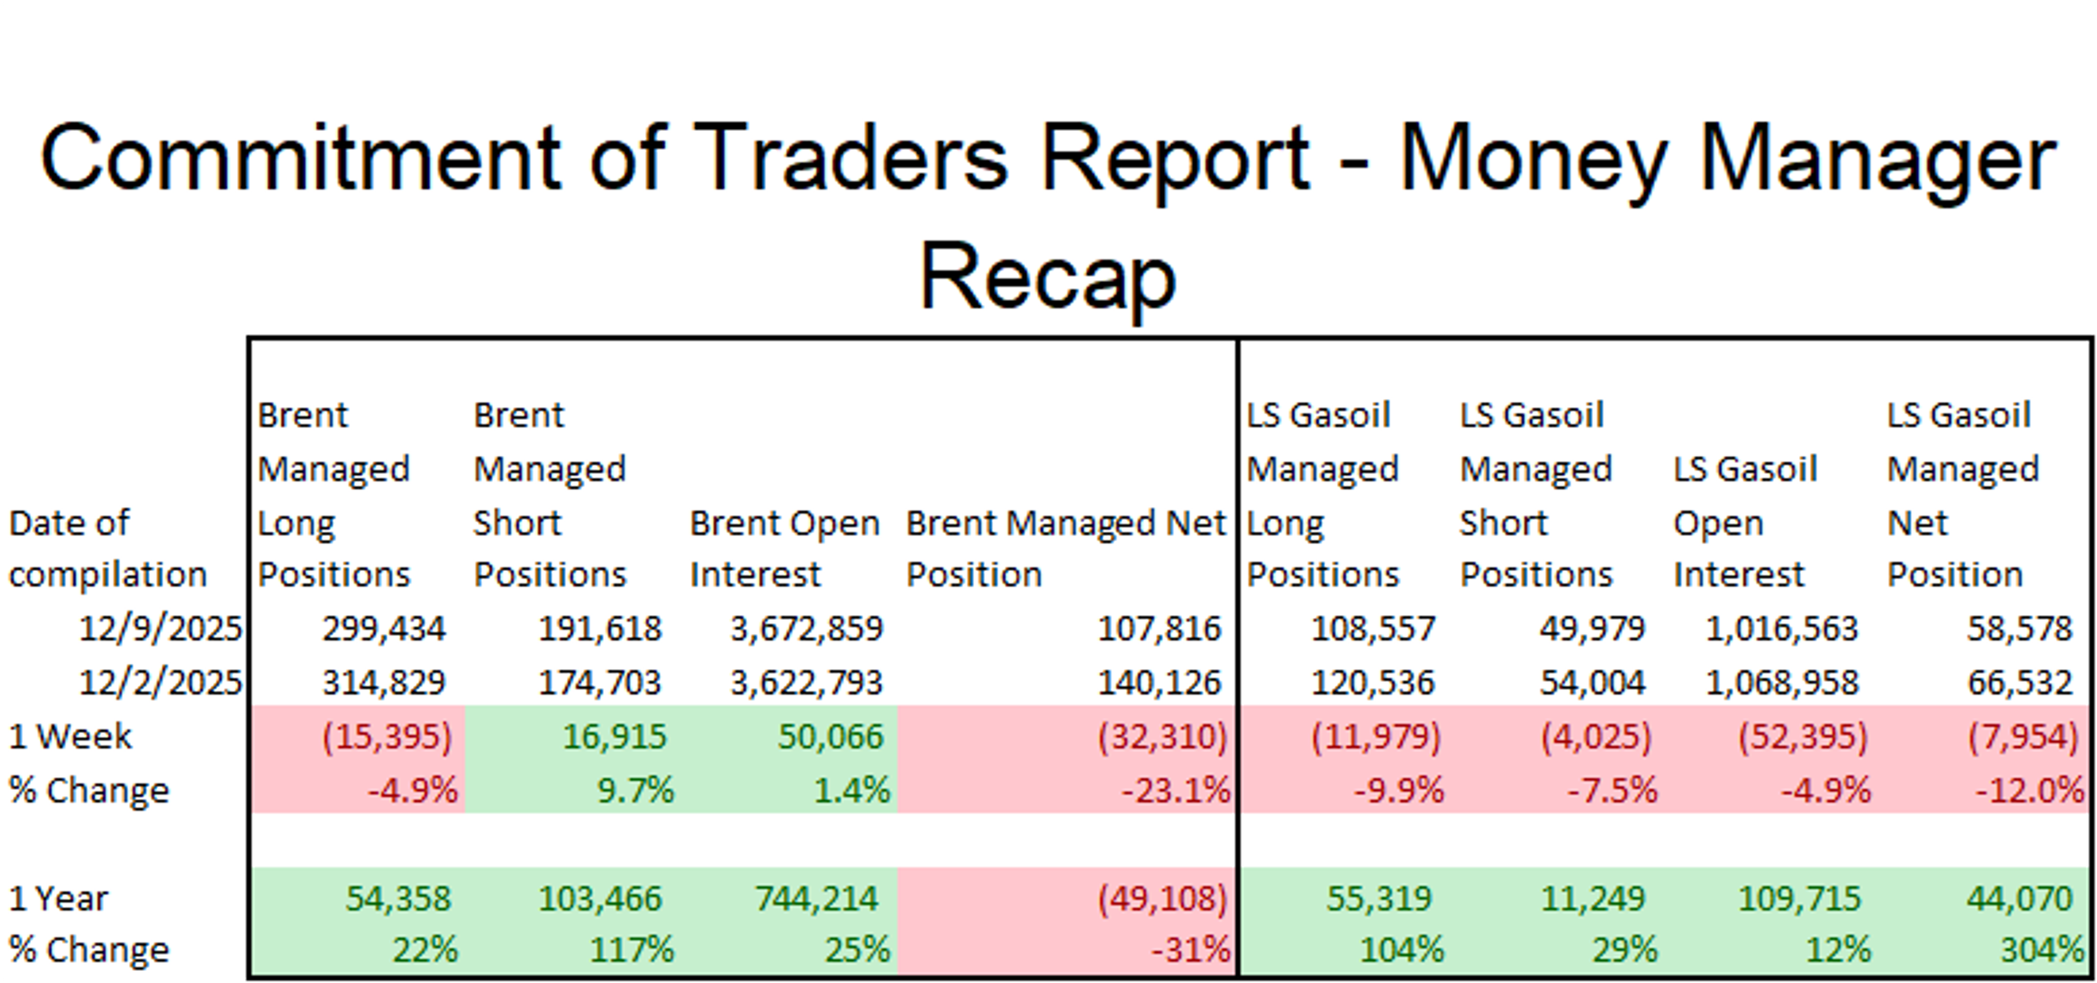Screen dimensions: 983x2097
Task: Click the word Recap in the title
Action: [1048, 277]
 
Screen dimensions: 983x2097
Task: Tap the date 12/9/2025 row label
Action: [161, 629]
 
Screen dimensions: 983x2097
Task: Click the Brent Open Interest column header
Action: [784, 549]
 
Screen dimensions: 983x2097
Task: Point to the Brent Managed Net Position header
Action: [1065, 549]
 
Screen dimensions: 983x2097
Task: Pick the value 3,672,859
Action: [806, 629]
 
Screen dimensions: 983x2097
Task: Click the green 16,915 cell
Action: [614, 736]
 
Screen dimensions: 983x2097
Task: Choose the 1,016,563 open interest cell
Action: [1781, 629]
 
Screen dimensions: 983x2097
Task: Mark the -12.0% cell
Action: [2029, 790]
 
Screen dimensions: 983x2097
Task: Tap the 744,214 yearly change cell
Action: [816, 898]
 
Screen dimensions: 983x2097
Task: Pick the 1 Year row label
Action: [58, 898]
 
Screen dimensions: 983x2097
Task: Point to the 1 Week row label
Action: [70, 736]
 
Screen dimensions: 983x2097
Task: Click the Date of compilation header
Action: [108, 549]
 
